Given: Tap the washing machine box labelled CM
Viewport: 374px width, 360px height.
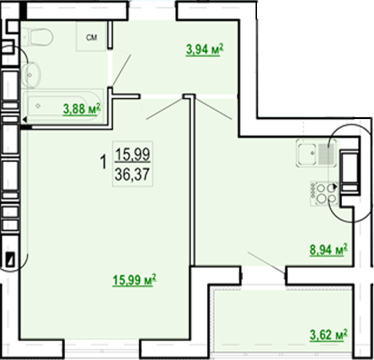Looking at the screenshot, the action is point(91,36).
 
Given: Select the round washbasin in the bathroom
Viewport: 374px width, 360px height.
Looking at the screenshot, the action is point(31,75).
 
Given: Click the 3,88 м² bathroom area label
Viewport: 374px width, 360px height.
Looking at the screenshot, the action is point(82,109).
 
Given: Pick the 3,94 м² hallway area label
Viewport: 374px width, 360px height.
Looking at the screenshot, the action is point(204,50).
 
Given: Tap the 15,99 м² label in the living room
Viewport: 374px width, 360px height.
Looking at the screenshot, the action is point(134,280).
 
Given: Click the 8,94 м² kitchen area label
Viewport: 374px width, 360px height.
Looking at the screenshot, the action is point(328,250).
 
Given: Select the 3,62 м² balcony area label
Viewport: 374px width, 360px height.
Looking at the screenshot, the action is point(328,334).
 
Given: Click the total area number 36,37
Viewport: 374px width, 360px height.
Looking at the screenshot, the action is point(132,174).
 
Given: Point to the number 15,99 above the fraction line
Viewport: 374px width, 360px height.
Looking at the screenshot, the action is point(132,154).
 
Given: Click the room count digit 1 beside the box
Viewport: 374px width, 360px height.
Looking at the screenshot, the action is point(103,161).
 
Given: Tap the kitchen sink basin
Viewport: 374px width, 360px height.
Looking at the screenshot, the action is point(308,154).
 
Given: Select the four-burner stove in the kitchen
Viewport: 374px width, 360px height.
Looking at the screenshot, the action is point(324,193).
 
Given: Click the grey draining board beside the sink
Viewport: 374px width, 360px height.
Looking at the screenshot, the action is point(326,154).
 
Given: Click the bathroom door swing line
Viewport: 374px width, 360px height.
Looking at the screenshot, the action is point(121,70).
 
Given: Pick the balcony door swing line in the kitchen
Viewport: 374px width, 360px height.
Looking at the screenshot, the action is point(266,262).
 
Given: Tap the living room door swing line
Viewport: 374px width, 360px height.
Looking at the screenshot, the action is point(165,109).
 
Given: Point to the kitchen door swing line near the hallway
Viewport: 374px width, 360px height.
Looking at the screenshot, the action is point(214,109).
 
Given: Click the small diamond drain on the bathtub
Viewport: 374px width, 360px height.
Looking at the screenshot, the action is point(37,106).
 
